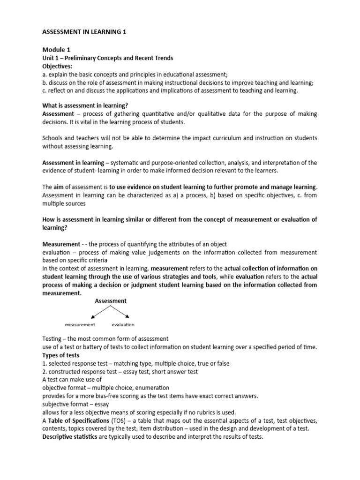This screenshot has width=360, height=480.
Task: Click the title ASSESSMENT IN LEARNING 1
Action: [x=84, y=32]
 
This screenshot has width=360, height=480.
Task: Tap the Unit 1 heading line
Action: [x=108, y=58]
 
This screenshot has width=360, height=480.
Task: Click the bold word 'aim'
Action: [x=60, y=187]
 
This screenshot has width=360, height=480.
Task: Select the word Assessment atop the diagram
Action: [x=111, y=301]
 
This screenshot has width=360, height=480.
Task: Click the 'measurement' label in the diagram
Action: [x=80, y=324]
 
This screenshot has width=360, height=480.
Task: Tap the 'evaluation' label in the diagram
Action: [x=123, y=324]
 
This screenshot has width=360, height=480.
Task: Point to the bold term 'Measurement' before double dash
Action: [x=61, y=244]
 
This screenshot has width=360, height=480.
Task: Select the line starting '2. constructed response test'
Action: [x=120, y=371]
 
